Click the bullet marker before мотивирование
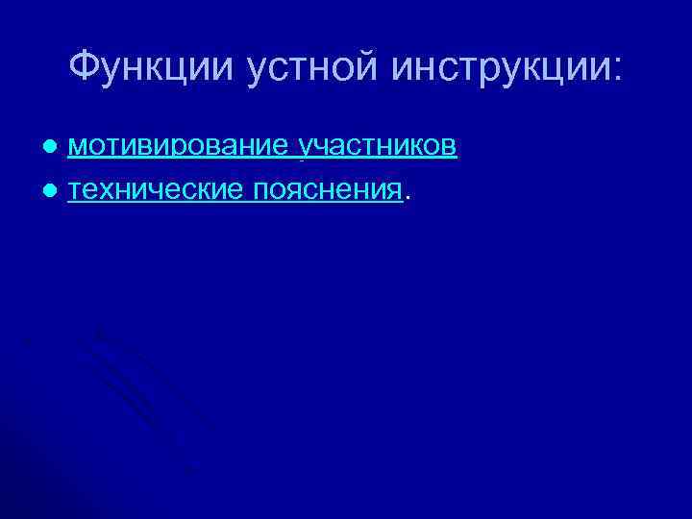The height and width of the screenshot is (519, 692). [59, 147]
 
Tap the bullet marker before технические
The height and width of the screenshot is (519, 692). [59, 191]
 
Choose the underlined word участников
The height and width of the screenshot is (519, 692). [378, 146]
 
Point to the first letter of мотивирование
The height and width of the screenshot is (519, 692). [78, 147]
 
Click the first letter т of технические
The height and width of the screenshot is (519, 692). [76, 191]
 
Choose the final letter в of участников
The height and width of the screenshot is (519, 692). [450, 147]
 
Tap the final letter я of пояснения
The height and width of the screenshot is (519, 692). [394, 191]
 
